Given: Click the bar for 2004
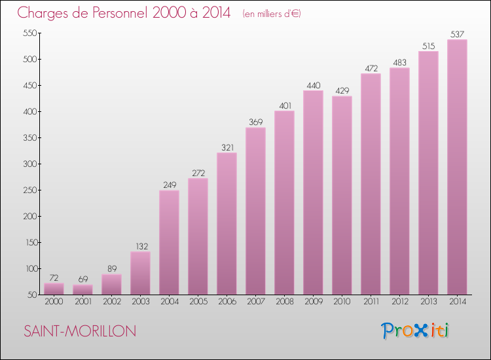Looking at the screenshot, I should click(169, 242).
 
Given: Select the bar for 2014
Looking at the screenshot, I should click(457, 167).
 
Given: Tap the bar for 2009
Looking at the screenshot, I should click(313, 192).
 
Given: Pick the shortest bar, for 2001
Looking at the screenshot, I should click(82, 289).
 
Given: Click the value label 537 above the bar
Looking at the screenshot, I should click(457, 34).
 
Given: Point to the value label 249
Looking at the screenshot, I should click(169, 185).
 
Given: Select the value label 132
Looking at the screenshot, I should click(140, 246).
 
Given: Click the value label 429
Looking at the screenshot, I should click(342, 90).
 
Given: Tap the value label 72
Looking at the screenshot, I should click(54, 278).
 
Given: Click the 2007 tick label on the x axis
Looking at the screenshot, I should click(255, 302).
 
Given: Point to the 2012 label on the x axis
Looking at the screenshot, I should click(399, 302).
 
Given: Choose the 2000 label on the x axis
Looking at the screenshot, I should click(54, 302).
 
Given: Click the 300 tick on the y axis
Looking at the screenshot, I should click(29, 164).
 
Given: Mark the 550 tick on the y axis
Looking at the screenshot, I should click(29, 33).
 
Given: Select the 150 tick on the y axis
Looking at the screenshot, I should click(29, 242).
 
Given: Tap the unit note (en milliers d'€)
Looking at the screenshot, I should click(271, 13).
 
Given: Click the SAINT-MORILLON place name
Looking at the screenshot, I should click(80, 331).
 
